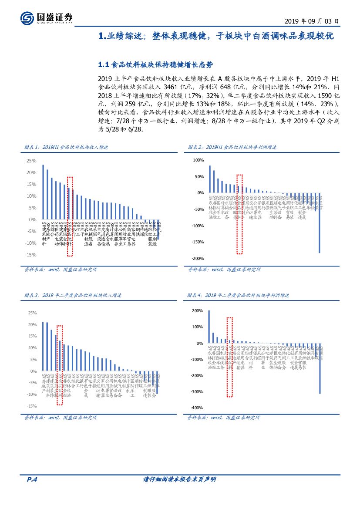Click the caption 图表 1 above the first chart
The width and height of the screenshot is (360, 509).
tap(66, 148)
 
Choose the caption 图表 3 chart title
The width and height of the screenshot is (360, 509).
tap(73, 295)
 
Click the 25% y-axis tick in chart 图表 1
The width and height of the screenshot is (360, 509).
tap(31, 161)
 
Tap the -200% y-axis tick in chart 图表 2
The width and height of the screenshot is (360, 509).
tap(198, 259)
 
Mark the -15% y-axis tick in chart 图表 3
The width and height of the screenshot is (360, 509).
tap(31, 406)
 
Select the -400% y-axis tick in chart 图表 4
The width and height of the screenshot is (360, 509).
tap(197, 408)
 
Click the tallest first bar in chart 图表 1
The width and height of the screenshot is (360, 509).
tap(43, 192)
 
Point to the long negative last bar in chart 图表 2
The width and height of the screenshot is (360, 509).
tap(320, 222)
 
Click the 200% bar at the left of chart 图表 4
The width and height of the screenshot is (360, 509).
tap(209, 327)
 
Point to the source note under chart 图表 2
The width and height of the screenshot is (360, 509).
tap(224, 270)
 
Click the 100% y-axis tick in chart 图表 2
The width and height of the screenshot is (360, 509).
tap(198, 160)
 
